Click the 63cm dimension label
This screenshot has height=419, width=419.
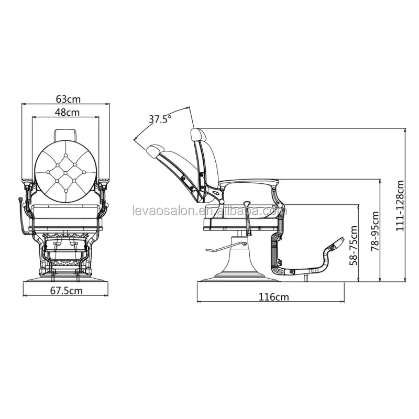(x=68, y=99)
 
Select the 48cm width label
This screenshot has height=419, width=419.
(x=67, y=112)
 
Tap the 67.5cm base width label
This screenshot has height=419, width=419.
(x=67, y=291)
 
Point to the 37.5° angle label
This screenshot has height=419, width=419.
(x=160, y=119)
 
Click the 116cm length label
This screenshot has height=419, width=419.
(x=273, y=297)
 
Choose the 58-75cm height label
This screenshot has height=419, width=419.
(x=354, y=245)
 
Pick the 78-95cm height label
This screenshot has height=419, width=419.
(x=375, y=231)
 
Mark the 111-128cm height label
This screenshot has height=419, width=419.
(x=400, y=206)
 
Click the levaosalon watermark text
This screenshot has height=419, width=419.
(x=210, y=211)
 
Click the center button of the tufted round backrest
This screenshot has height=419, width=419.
(x=65, y=173)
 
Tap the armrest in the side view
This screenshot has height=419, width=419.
(x=248, y=182)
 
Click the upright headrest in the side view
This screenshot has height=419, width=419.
(x=198, y=134)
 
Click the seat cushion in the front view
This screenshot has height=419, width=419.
(x=66, y=211)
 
